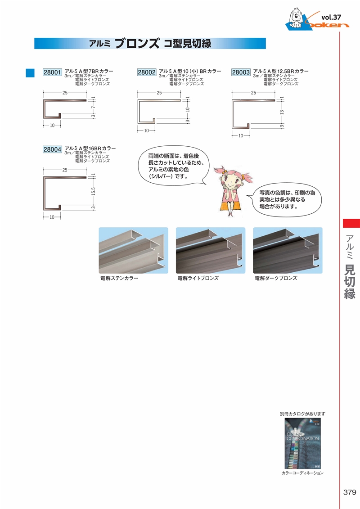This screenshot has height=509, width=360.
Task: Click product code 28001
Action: coord(52,72)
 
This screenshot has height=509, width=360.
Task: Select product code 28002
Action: coord(146,72)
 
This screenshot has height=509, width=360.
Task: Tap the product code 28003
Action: coord(241,72)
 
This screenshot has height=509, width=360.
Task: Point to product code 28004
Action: coord(52,149)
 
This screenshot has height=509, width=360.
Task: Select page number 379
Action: coord(349,492)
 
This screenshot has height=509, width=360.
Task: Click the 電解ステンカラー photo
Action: coord(133,250)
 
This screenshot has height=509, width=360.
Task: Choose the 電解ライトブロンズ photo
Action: coord(211,250)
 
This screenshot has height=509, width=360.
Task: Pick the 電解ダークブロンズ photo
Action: coord(288,250)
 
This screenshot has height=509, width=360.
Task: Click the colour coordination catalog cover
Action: coord(302,443)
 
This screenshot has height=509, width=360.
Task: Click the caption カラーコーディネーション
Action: coord(302,473)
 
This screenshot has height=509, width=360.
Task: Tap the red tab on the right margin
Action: coord(351,223)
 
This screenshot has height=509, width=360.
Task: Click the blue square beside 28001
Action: coord(30,72)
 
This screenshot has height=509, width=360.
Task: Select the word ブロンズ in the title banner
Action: coord(137,44)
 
